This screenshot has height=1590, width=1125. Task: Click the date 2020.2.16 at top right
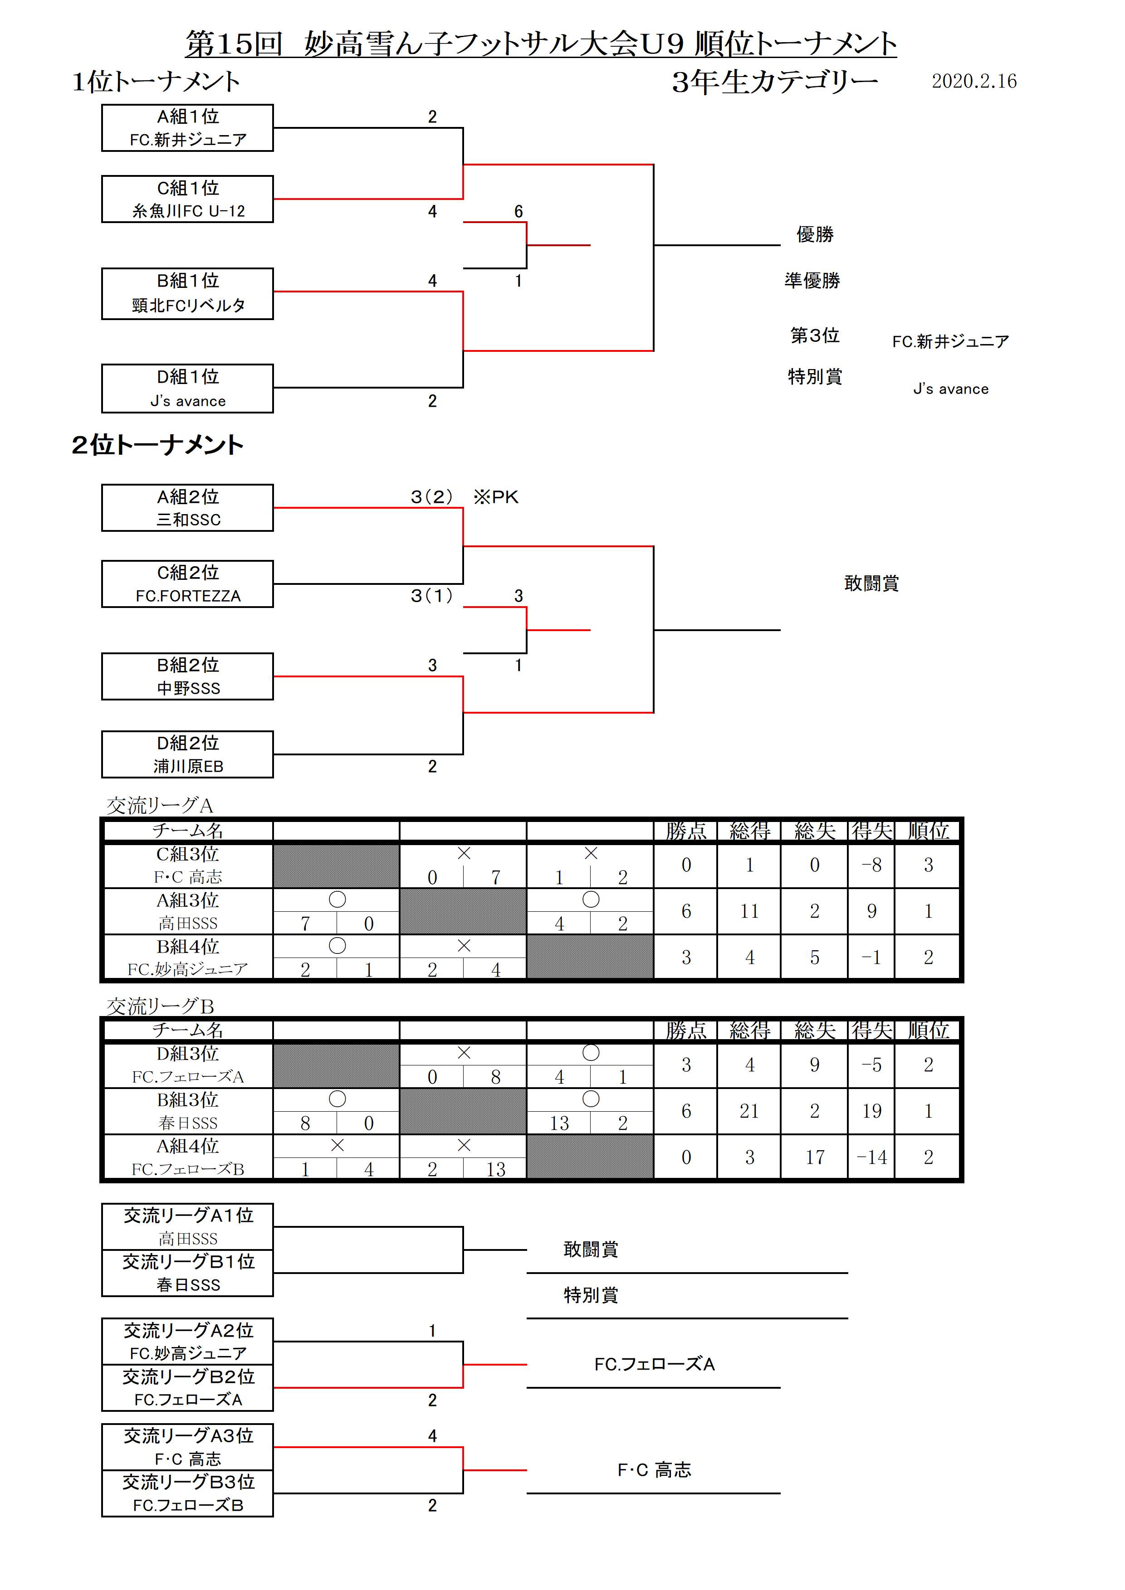[973, 81]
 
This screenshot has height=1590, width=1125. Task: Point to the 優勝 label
[815, 234]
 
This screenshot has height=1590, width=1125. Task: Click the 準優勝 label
[812, 281]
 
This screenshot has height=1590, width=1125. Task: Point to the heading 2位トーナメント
[157, 445]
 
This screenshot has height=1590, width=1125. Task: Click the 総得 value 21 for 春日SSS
[749, 1111]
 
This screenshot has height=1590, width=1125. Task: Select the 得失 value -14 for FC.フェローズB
[871, 1157]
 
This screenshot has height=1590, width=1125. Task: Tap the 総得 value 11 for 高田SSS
[749, 911]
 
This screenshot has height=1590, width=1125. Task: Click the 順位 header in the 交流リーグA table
[928, 830]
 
